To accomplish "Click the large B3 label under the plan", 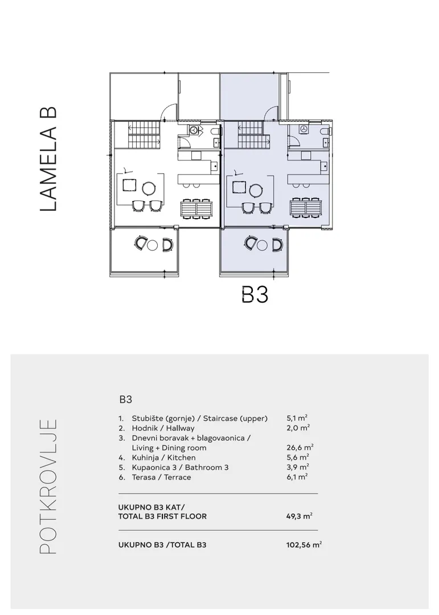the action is point(255,295).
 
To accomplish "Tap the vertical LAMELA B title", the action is point(48,159).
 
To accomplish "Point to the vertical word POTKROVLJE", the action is point(48,487).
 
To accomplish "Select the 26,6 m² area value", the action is point(299,448).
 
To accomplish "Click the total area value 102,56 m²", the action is point(304,545).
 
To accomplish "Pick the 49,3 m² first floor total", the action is point(299,516).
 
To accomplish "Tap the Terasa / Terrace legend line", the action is point(155,477).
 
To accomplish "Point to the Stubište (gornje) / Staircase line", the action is point(193,419).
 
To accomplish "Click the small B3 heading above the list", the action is point(125,400).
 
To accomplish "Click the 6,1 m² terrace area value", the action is point(297,477).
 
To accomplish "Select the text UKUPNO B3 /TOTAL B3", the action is point(162,545).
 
